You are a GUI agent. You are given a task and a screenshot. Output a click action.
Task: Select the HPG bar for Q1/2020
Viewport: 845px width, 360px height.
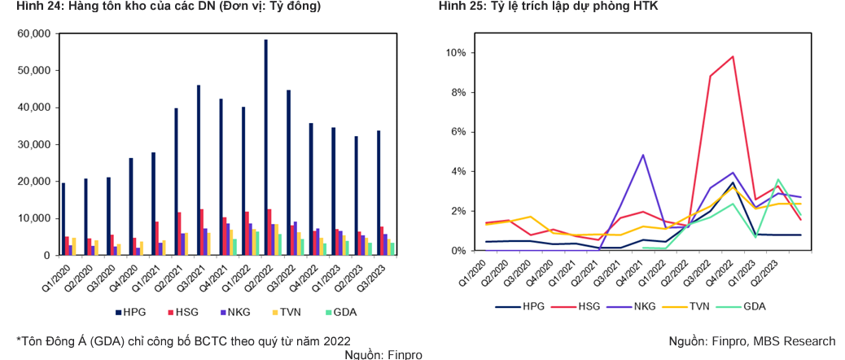pos(63,219)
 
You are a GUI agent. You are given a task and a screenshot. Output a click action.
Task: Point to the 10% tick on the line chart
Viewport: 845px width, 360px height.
pos(453,53)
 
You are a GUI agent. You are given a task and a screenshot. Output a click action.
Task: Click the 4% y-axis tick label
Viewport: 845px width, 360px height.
pos(456,172)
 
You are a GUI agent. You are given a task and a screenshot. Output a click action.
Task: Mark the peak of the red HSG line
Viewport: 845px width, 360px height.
pos(733,56)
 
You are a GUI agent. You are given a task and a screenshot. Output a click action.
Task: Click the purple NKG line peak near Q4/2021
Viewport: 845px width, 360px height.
pos(643,155)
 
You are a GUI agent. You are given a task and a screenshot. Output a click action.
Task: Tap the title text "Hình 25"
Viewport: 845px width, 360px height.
pos(459,7)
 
